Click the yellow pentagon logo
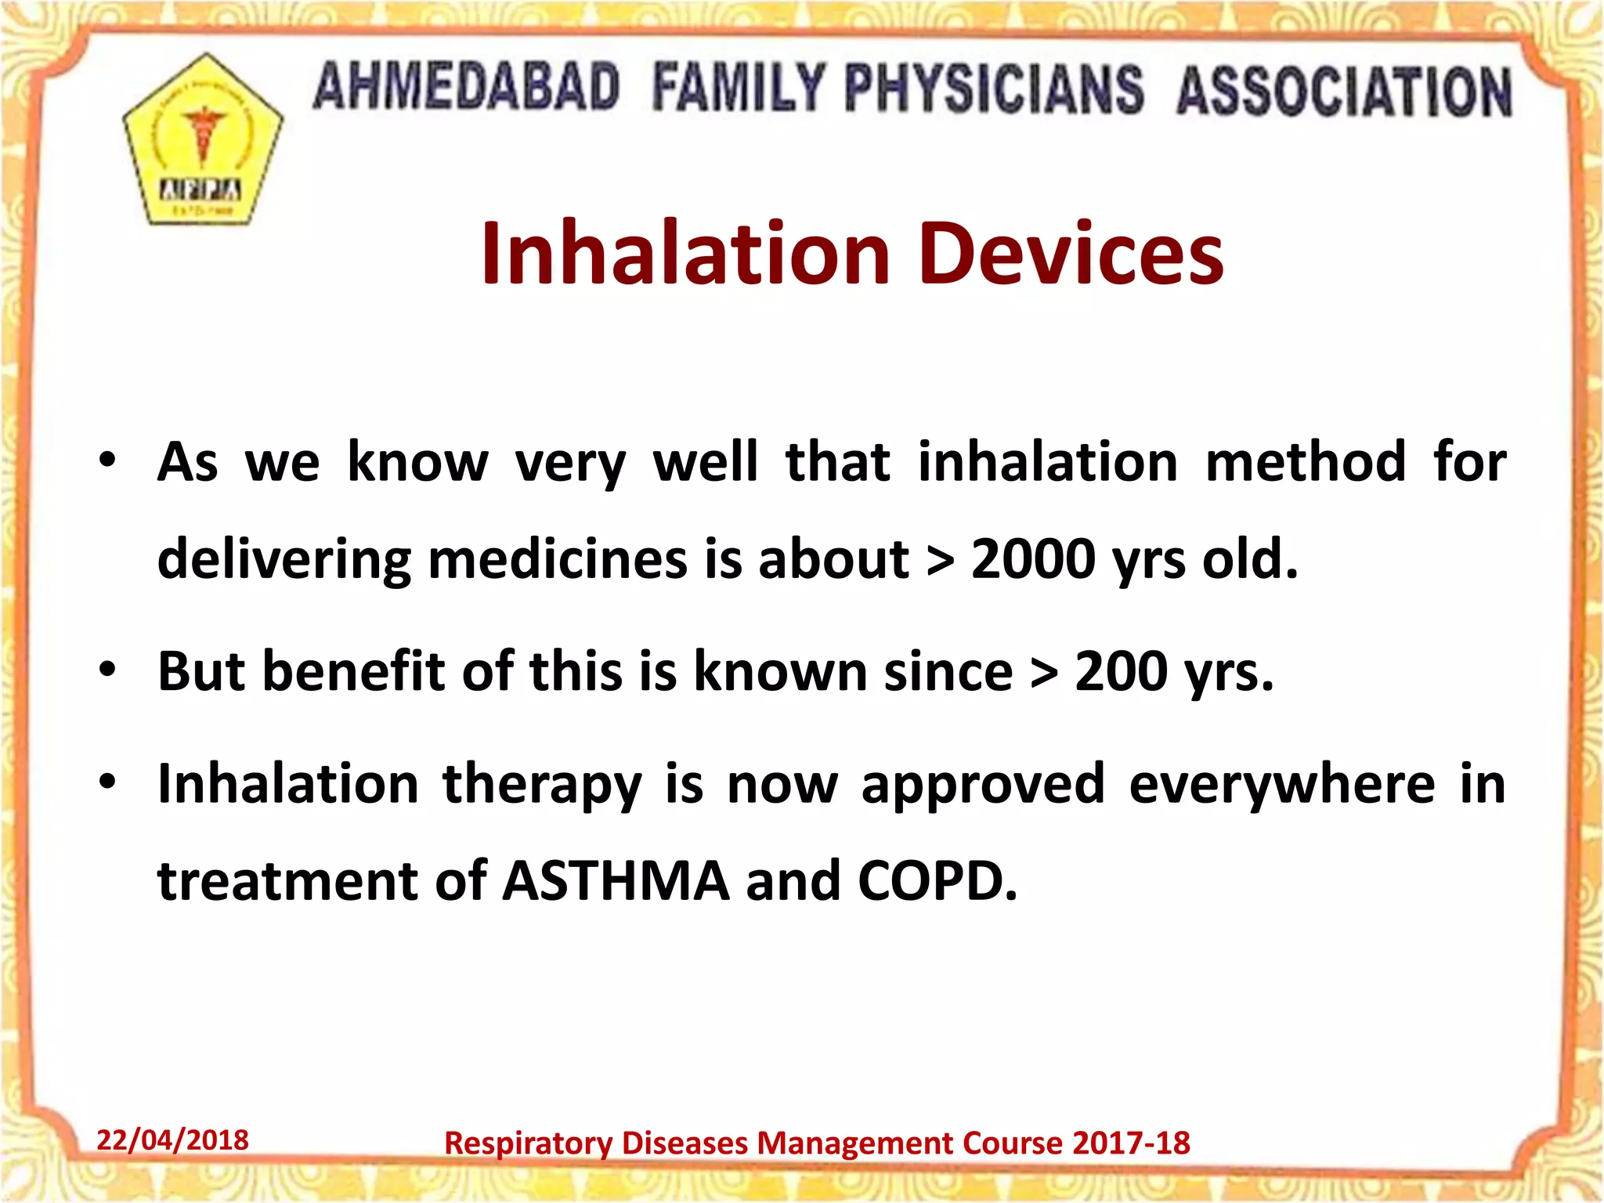pyautogui.click(x=202, y=141)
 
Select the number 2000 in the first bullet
pyautogui.click(x=1033, y=559)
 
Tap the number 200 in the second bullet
pyautogui.click(x=1121, y=672)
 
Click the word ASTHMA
pyautogui.click(x=616, y=881)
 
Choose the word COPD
pyautogui.click(x=937, y=881)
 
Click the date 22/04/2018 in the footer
pyautogui.click(x=172, y=1140)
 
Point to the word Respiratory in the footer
pyautogui.click(x=528, y=1143)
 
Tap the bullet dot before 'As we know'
pyautogui.click(x=107, y=460)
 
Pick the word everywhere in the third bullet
pyautogui.click(x=1282, y=784)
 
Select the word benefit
pyautogui.click(x=353, y=672)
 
